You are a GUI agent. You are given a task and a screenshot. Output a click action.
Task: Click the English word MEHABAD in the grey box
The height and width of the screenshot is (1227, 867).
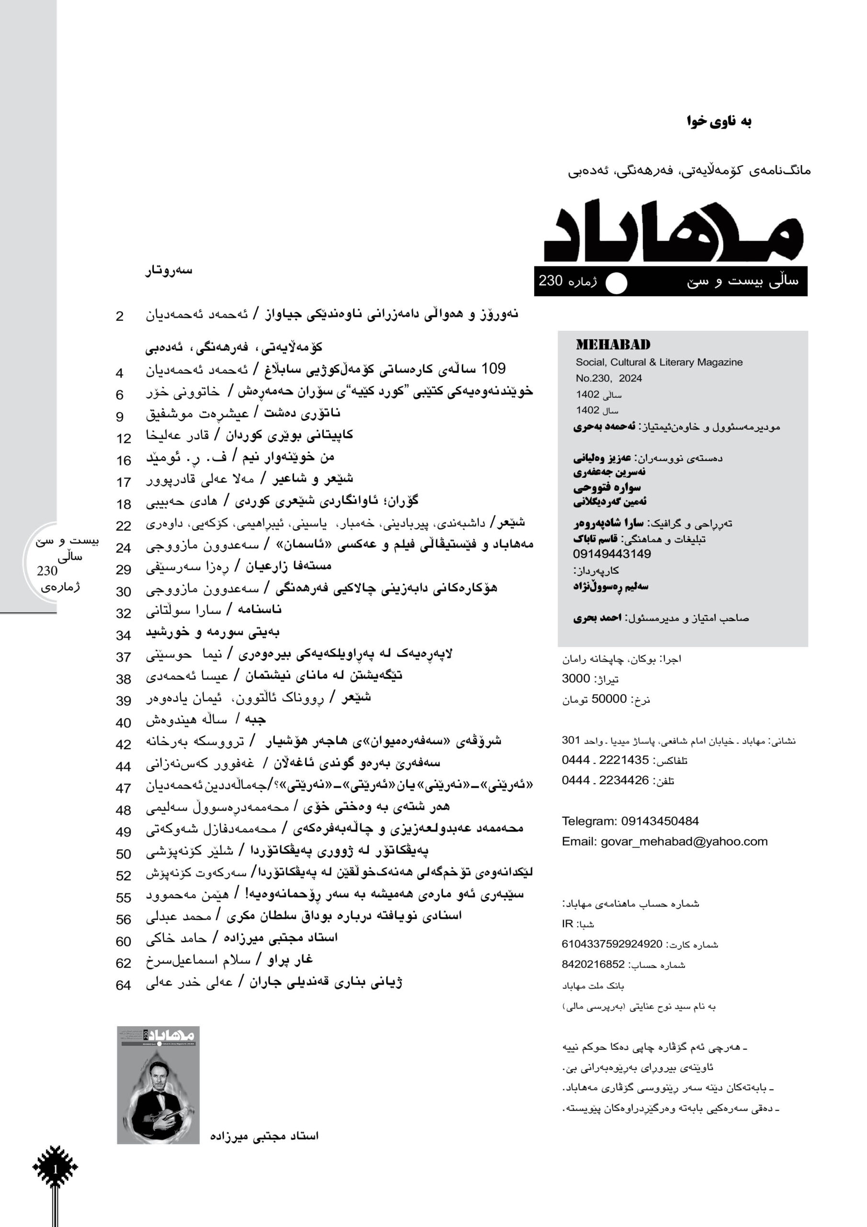[x=613, y=345]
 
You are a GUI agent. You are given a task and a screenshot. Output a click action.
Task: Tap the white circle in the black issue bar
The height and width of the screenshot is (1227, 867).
[x=616, y=283]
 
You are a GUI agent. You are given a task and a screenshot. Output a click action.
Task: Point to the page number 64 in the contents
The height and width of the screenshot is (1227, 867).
[x=124, y=985]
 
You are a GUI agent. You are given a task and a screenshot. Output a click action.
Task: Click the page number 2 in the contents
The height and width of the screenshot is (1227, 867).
[x=120, y=316]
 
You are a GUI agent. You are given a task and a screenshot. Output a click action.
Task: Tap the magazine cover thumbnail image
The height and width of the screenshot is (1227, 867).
[x=158, y=1084]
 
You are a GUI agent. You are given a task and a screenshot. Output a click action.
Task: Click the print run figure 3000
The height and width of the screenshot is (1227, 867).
[x=575, y=679]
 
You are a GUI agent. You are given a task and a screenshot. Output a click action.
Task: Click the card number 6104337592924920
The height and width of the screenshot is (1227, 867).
[x=612, y=944]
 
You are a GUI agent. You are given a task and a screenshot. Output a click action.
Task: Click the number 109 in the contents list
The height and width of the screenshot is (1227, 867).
[x=493, y=369]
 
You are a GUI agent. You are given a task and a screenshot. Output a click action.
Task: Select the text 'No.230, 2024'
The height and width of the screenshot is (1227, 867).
[x=608, y=378]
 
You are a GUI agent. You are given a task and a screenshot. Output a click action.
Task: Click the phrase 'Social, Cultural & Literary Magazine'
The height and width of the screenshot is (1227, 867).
[x=659, y=362]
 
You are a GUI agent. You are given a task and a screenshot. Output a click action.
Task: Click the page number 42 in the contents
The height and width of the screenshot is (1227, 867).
[x=124, y=744]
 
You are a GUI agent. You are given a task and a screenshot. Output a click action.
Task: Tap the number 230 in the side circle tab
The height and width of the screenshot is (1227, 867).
[x=47, y=571]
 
